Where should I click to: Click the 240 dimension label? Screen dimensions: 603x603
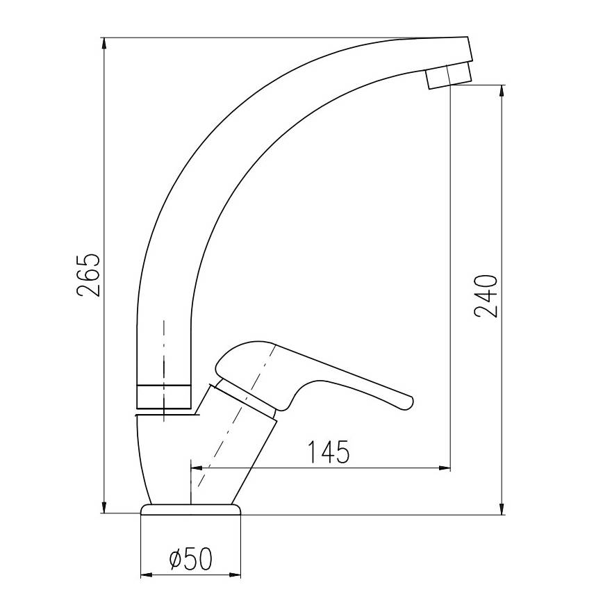pos(487,296)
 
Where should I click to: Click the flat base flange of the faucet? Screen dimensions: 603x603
pos(191,509)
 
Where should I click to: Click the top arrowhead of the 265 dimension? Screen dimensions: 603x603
pos(104,44)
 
